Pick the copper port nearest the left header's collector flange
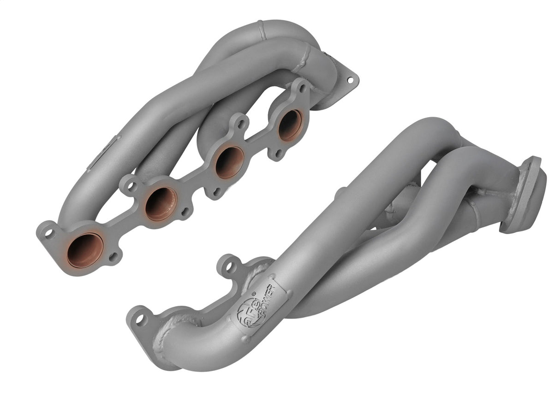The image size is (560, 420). click(x=290, y=125)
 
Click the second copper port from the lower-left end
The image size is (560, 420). click(x=161, y=204)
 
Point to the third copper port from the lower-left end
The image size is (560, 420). click(x=229, y=162)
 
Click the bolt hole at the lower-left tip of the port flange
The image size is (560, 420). click(x=49, y=233)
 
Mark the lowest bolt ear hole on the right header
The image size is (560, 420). click(x=138, y=318)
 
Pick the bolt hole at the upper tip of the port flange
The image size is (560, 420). click(x=302, y=88)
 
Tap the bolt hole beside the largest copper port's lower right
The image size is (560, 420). click(x=114, y=255)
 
